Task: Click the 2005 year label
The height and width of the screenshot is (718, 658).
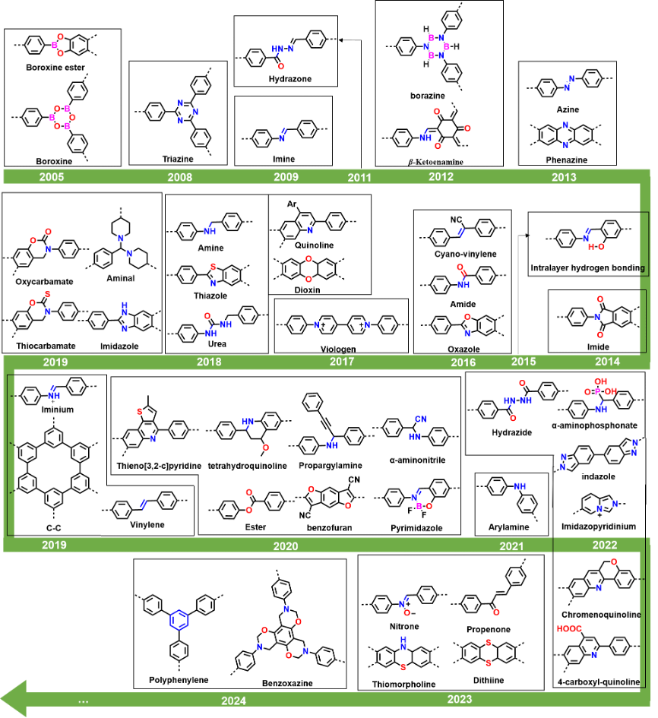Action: (52, 177)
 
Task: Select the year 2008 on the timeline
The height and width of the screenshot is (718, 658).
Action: (180, 177)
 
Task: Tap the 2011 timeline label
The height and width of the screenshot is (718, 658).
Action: (359, 178)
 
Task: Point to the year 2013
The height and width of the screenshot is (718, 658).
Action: (564, 177)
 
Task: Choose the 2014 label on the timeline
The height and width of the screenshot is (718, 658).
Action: (607, 362)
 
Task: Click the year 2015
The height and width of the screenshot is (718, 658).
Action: (524, 362)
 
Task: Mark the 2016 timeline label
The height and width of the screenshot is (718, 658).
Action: (463, 362)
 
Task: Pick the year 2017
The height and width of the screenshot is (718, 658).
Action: (342, 362)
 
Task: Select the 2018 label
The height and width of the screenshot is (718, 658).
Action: (209, 362)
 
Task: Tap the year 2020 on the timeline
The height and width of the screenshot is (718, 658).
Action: (286, 546)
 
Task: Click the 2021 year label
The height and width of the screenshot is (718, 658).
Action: (511, 546)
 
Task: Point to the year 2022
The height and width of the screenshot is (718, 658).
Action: (605, 545)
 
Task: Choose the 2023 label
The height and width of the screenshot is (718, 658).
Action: (460, 699)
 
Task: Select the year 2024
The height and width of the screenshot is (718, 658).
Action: (234, 701)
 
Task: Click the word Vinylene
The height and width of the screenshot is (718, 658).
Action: (147, 525)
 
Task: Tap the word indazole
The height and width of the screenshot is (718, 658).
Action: (598, 477)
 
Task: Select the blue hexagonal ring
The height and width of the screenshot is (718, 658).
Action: (179, 620)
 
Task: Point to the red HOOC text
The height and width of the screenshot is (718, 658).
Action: (569, 629)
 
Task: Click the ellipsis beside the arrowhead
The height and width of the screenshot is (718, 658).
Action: (83, 701)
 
